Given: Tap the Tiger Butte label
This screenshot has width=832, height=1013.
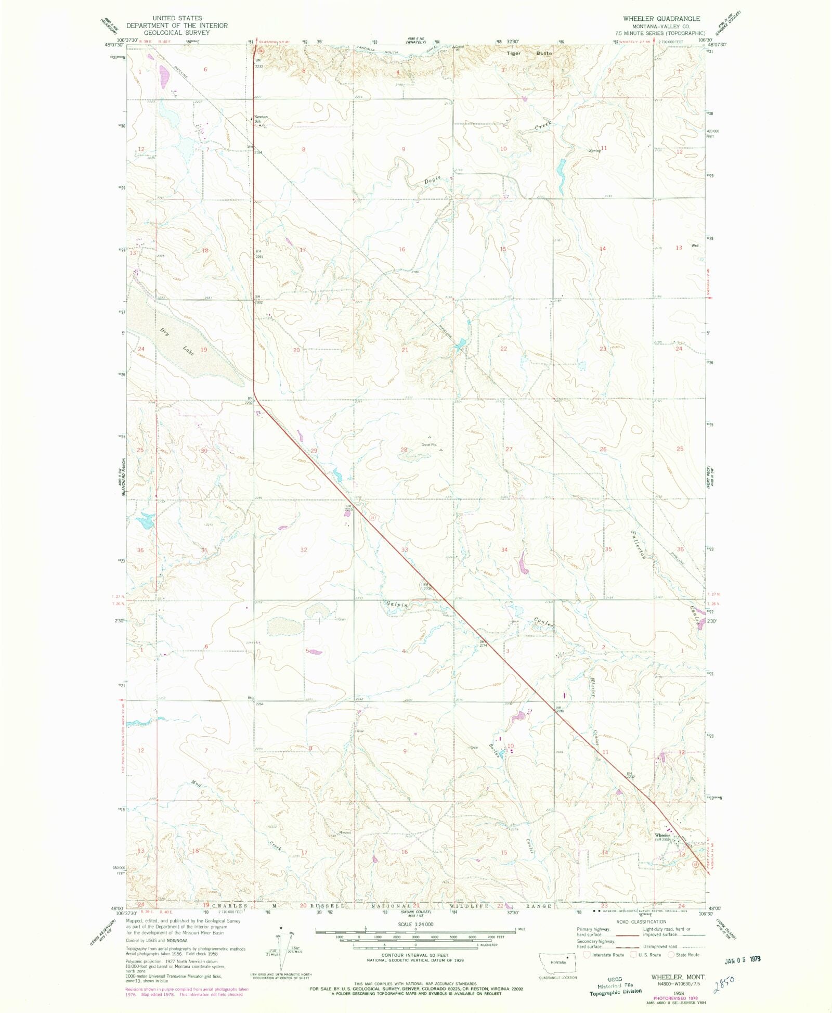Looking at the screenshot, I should [x=529, y=54].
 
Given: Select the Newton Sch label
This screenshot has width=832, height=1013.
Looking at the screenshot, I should [x=261, y=119].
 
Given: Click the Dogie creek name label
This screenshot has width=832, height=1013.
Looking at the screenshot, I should [x=432, y=179].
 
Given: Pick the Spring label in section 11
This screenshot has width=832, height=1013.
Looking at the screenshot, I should [x=595, y=151].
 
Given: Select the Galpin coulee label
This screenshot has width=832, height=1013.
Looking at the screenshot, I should [x=396, y=605].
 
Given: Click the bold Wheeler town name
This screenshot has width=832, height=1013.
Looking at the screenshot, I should [x=662, y=835].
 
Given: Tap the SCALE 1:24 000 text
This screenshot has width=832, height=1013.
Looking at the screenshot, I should [x=415, y=924].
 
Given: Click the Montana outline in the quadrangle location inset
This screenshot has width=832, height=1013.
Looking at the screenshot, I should [x=558, y=963].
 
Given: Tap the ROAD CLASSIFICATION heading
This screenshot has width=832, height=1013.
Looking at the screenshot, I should [x=641, y=921].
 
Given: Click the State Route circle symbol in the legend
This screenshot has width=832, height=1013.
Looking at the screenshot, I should [x=671, y=955].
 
